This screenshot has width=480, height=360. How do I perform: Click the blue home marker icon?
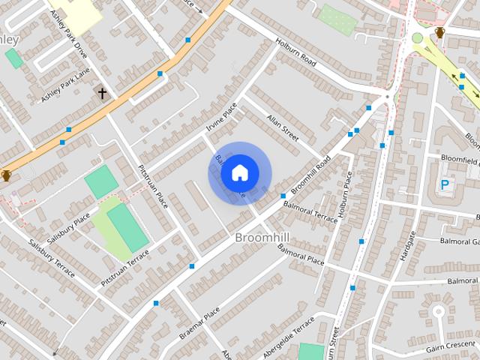(239, 173)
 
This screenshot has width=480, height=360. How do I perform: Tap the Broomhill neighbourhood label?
(262, 238)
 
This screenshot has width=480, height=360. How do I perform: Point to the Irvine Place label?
(221, 118)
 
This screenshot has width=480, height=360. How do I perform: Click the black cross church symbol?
(102, 93)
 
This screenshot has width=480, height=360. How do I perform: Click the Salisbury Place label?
(70, 227)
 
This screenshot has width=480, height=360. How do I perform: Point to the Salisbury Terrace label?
(52, 258)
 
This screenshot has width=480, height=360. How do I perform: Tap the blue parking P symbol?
(444, 184)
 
